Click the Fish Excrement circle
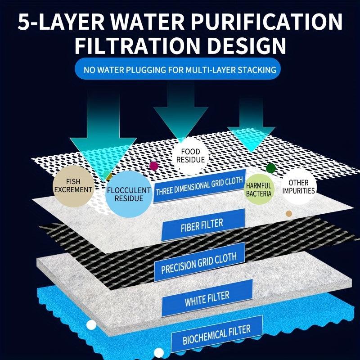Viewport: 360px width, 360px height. tap(72, 185)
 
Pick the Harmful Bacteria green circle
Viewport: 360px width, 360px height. tap(259, 189)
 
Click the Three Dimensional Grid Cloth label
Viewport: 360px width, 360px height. tap(200, 186)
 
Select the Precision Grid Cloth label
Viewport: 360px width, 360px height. tap(202, 262)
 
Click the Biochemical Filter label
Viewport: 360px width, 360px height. tap(216, 333)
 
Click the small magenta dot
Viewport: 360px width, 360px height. tap(154, 166)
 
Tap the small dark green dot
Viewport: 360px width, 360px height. tap(270, 168)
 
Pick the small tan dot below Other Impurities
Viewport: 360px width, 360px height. tap(289, 214)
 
